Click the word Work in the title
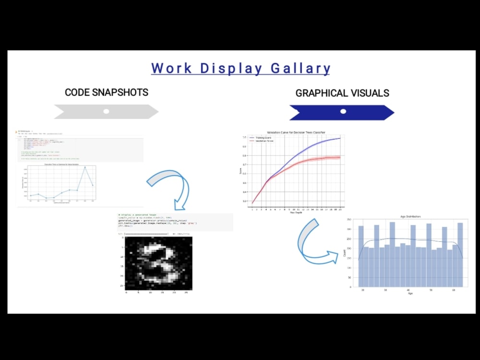[x=170, y=68]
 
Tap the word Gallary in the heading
[x=300, y=68]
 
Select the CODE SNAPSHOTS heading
[x=107, y=92]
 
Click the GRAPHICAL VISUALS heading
[x=342, y=93]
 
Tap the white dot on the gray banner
[x=106, y=111]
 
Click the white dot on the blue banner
[x=343, y=111]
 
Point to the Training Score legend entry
[x=263, y=138]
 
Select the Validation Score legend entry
[x=264, y=141]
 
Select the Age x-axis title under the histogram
[x=410, y=293]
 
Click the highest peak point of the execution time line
[x=85, y=167]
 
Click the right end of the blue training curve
[x=340, y=138]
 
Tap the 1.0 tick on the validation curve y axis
[x=244, y=137]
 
